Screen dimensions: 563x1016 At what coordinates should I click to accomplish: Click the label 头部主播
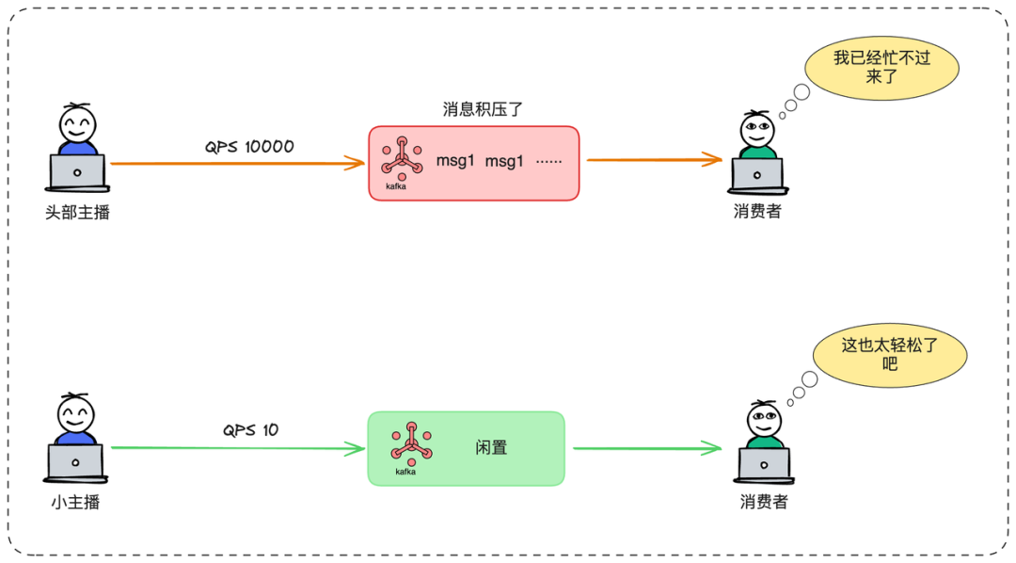pos(77,213)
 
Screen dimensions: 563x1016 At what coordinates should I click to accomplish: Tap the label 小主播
pos(75,502)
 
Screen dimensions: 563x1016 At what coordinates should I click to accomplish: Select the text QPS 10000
pos(249,147)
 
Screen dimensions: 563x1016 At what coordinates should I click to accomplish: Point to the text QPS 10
pos(250,430)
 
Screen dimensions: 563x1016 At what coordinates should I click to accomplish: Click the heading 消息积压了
pos(483,109)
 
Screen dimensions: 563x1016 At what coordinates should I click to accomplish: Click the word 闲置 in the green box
pos(492,448)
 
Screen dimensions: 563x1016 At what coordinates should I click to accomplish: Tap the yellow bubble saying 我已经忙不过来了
pos(881,67)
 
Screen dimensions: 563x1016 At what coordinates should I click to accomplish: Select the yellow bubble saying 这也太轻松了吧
pos(890,353)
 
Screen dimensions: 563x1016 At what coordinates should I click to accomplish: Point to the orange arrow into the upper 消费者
pos(655,160)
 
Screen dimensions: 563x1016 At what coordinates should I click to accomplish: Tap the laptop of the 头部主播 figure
pos(77,172)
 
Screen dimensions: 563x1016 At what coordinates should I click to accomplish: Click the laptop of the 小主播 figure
pos(75,460)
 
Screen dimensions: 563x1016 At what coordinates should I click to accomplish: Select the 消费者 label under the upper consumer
pos(757,212)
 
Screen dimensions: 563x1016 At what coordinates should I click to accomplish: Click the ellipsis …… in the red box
pos(548,161)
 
